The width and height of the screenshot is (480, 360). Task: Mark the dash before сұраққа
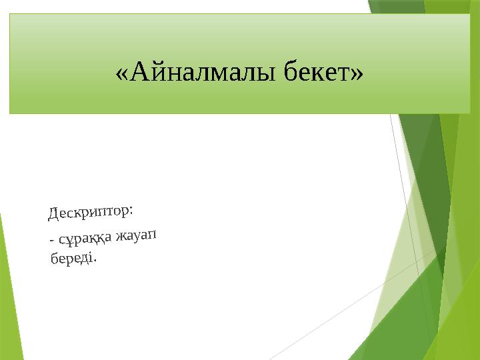[51, 241]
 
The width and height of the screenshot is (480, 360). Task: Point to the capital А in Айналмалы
[139, 70]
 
